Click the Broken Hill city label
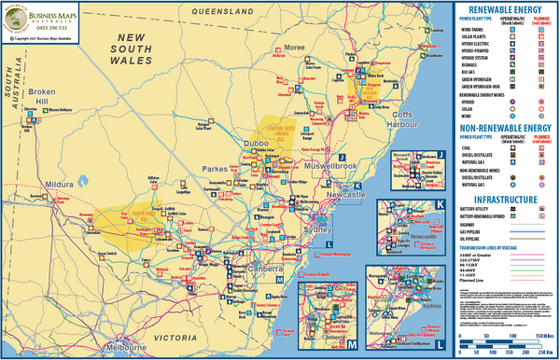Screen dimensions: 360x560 pos(42,96)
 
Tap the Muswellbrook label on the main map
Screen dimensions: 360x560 pos(331,166)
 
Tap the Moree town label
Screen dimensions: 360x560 pos(295,46)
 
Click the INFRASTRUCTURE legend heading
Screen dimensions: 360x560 pos(505,200)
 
